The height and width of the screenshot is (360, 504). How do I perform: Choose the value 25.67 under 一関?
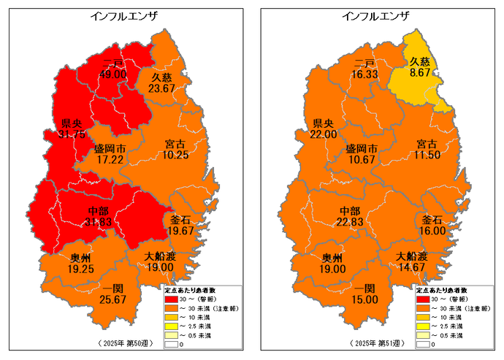click(x=110, y=299)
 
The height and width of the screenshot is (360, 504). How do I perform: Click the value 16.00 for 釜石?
click(x=432, y=230)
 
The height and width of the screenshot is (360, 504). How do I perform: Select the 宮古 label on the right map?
click(x=429, y=143)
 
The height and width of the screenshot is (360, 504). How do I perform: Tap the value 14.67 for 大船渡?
click(x=411, y=267)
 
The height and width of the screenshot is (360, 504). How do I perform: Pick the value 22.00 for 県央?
click(x=324, y=134)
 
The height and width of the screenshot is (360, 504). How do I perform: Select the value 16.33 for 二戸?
click(x=364, y=74)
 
